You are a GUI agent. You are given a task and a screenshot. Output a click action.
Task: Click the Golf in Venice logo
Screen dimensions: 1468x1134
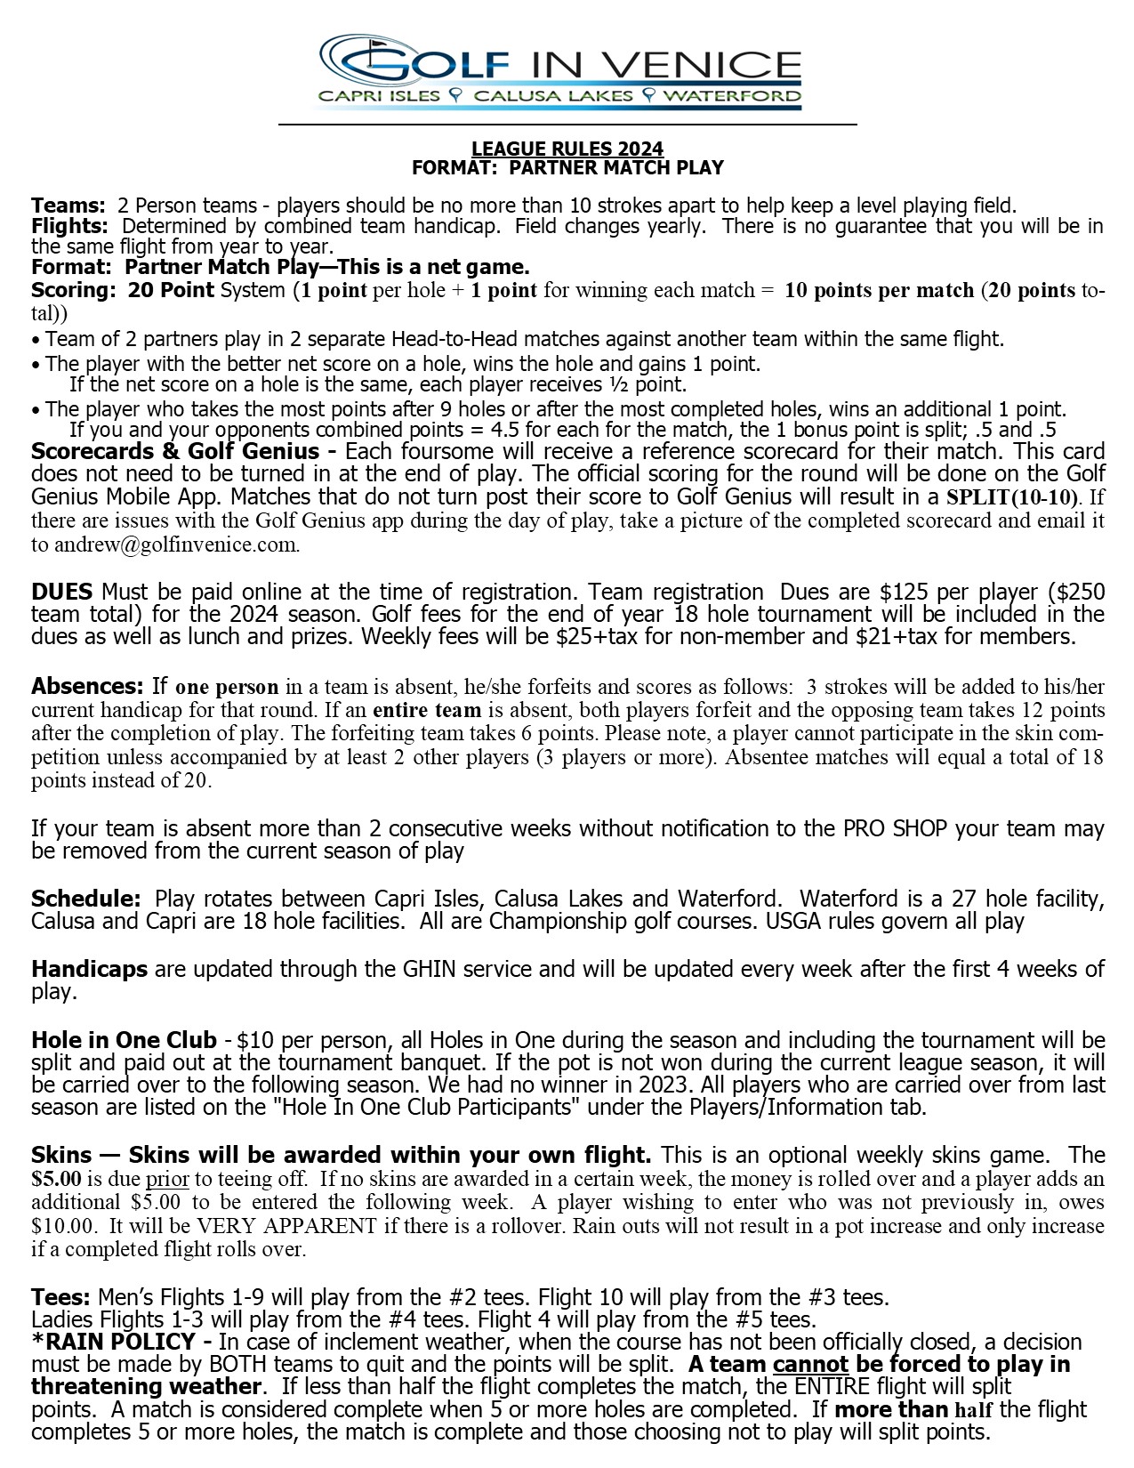coord(561,71)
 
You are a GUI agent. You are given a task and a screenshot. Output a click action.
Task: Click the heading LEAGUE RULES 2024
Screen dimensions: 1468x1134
coord(567,149)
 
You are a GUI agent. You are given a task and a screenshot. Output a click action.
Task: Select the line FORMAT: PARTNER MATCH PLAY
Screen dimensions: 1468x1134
coord(567,167)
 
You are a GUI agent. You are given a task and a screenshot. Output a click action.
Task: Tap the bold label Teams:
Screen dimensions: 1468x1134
coord(68,206)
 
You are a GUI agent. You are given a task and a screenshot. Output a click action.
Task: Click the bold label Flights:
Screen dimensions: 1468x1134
coord(69,226)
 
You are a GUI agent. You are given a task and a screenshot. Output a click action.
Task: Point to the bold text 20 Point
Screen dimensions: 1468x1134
coord(171,290)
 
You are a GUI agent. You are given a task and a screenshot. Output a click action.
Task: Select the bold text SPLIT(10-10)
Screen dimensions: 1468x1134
coord(1012,496)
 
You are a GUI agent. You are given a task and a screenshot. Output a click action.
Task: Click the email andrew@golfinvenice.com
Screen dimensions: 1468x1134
coord(176,544)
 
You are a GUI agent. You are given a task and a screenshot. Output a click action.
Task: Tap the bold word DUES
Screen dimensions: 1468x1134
coord(61,592)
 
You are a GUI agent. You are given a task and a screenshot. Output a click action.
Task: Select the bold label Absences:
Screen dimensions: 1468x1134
coord(87,686)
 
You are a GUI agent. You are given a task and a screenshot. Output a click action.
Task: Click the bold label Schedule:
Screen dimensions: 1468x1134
coord(85,898)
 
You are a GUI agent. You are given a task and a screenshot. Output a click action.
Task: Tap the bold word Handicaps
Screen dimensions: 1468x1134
coord(89,969)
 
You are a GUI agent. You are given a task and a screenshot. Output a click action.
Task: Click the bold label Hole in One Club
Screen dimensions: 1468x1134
coord(124,1040)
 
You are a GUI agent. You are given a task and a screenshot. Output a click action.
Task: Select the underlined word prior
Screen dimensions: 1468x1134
coord(167,1179)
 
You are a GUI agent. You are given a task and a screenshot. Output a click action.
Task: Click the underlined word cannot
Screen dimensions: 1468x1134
coord(810,1364)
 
